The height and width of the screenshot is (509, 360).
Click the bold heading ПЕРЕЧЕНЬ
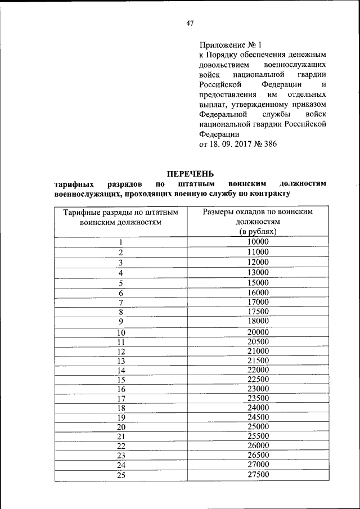190,174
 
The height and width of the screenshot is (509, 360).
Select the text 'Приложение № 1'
231,44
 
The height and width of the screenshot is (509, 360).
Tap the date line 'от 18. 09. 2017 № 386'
238,144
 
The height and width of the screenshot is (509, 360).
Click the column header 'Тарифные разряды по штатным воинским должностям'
120,217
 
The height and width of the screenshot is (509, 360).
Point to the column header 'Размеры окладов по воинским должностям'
258,217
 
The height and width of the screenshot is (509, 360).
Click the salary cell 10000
258,242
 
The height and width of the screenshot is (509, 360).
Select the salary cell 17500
258,311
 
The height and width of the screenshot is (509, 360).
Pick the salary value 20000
258,332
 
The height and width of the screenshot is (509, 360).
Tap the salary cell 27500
258,475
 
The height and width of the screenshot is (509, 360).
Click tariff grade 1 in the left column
120,242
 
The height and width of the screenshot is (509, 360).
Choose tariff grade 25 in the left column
120,475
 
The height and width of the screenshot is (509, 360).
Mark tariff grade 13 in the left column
120,361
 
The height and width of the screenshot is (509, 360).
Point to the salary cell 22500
258,379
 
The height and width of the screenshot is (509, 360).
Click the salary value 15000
258,282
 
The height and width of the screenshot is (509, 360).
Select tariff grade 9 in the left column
120,322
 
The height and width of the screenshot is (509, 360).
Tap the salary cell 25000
258,427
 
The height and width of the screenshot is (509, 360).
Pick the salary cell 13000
258,272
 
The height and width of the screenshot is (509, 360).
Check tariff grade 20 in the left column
120,427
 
